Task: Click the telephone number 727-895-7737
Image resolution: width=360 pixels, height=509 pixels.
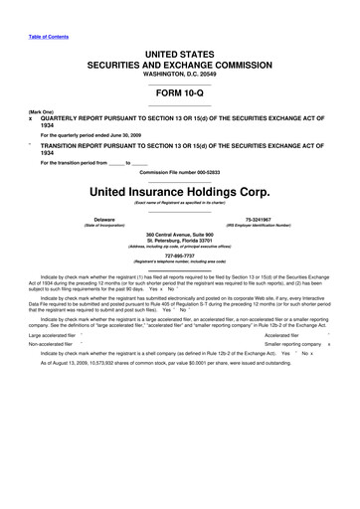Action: [x=180, y=253]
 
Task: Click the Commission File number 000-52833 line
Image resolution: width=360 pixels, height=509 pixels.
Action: [x=180, y=172]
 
